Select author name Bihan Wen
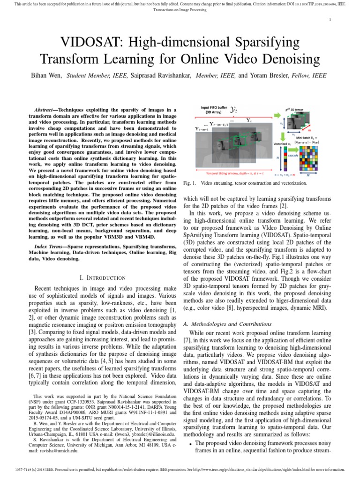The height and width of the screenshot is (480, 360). (46, 75)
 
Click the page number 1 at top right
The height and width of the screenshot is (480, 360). (330, 19)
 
